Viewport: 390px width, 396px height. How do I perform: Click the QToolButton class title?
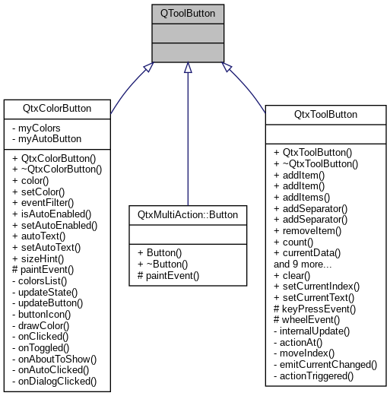click(188, 13)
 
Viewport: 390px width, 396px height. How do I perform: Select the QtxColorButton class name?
click(58, 109)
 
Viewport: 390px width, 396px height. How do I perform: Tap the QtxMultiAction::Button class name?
click(187, 215)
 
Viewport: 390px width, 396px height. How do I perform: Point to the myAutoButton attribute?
click(47, 139)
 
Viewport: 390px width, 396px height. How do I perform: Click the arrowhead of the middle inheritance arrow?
click(188, 68)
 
